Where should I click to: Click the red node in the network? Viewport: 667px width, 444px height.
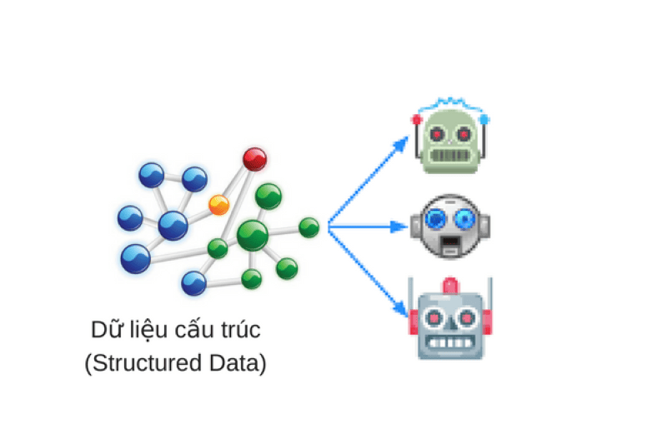point(254,157)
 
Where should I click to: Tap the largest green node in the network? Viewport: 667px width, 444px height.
point(252,235)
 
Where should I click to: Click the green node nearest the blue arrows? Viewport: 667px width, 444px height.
point(309,227)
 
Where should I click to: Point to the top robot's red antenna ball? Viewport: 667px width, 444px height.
point(417,120)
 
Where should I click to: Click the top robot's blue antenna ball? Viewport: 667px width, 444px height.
point(485,120)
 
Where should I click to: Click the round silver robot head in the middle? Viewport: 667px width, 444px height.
point(450,225)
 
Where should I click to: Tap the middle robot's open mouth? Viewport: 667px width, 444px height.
point(450,244)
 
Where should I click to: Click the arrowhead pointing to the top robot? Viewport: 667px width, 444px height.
point(402,143)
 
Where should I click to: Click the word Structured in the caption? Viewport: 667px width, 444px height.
point(145,364)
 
